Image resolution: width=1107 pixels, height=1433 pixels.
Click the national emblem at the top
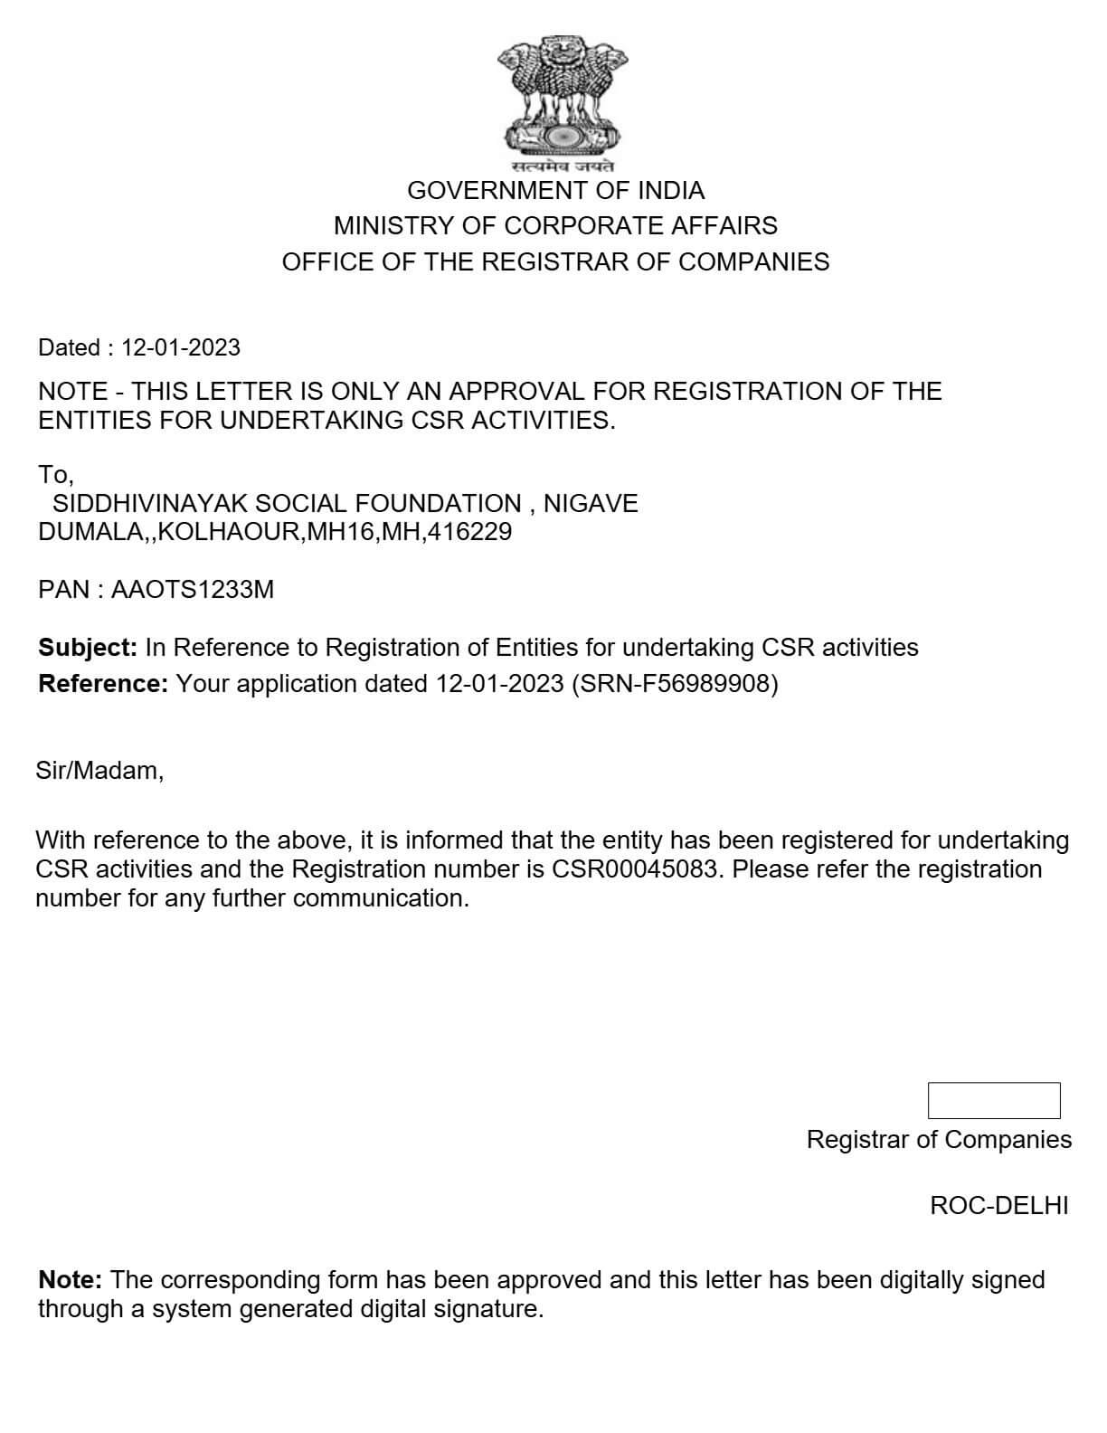[x=562, y=94]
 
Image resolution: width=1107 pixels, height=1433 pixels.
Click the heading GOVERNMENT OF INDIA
[x=555, y=190]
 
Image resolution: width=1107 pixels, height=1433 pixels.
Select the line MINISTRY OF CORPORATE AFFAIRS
[x=555, y=225]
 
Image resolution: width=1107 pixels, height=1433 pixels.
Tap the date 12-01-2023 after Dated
[x=181, y=347]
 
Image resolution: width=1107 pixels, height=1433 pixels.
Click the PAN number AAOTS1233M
[x=192, y=590]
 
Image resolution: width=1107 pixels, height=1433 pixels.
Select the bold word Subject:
[x=88, y=648]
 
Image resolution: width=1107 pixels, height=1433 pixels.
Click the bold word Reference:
[x=103, y=684]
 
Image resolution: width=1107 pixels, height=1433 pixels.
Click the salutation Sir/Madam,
[x=99, y=771]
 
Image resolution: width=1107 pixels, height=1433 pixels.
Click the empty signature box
[x=993, y=1100]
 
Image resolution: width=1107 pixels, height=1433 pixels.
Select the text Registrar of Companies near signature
[x=939, y=1140]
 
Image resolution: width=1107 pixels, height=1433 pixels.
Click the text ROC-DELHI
[x=998, y=1206]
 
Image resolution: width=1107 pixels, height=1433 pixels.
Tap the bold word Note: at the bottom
[x=71, y=1280]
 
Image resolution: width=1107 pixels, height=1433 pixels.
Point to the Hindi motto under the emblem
[x=562, y=166]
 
